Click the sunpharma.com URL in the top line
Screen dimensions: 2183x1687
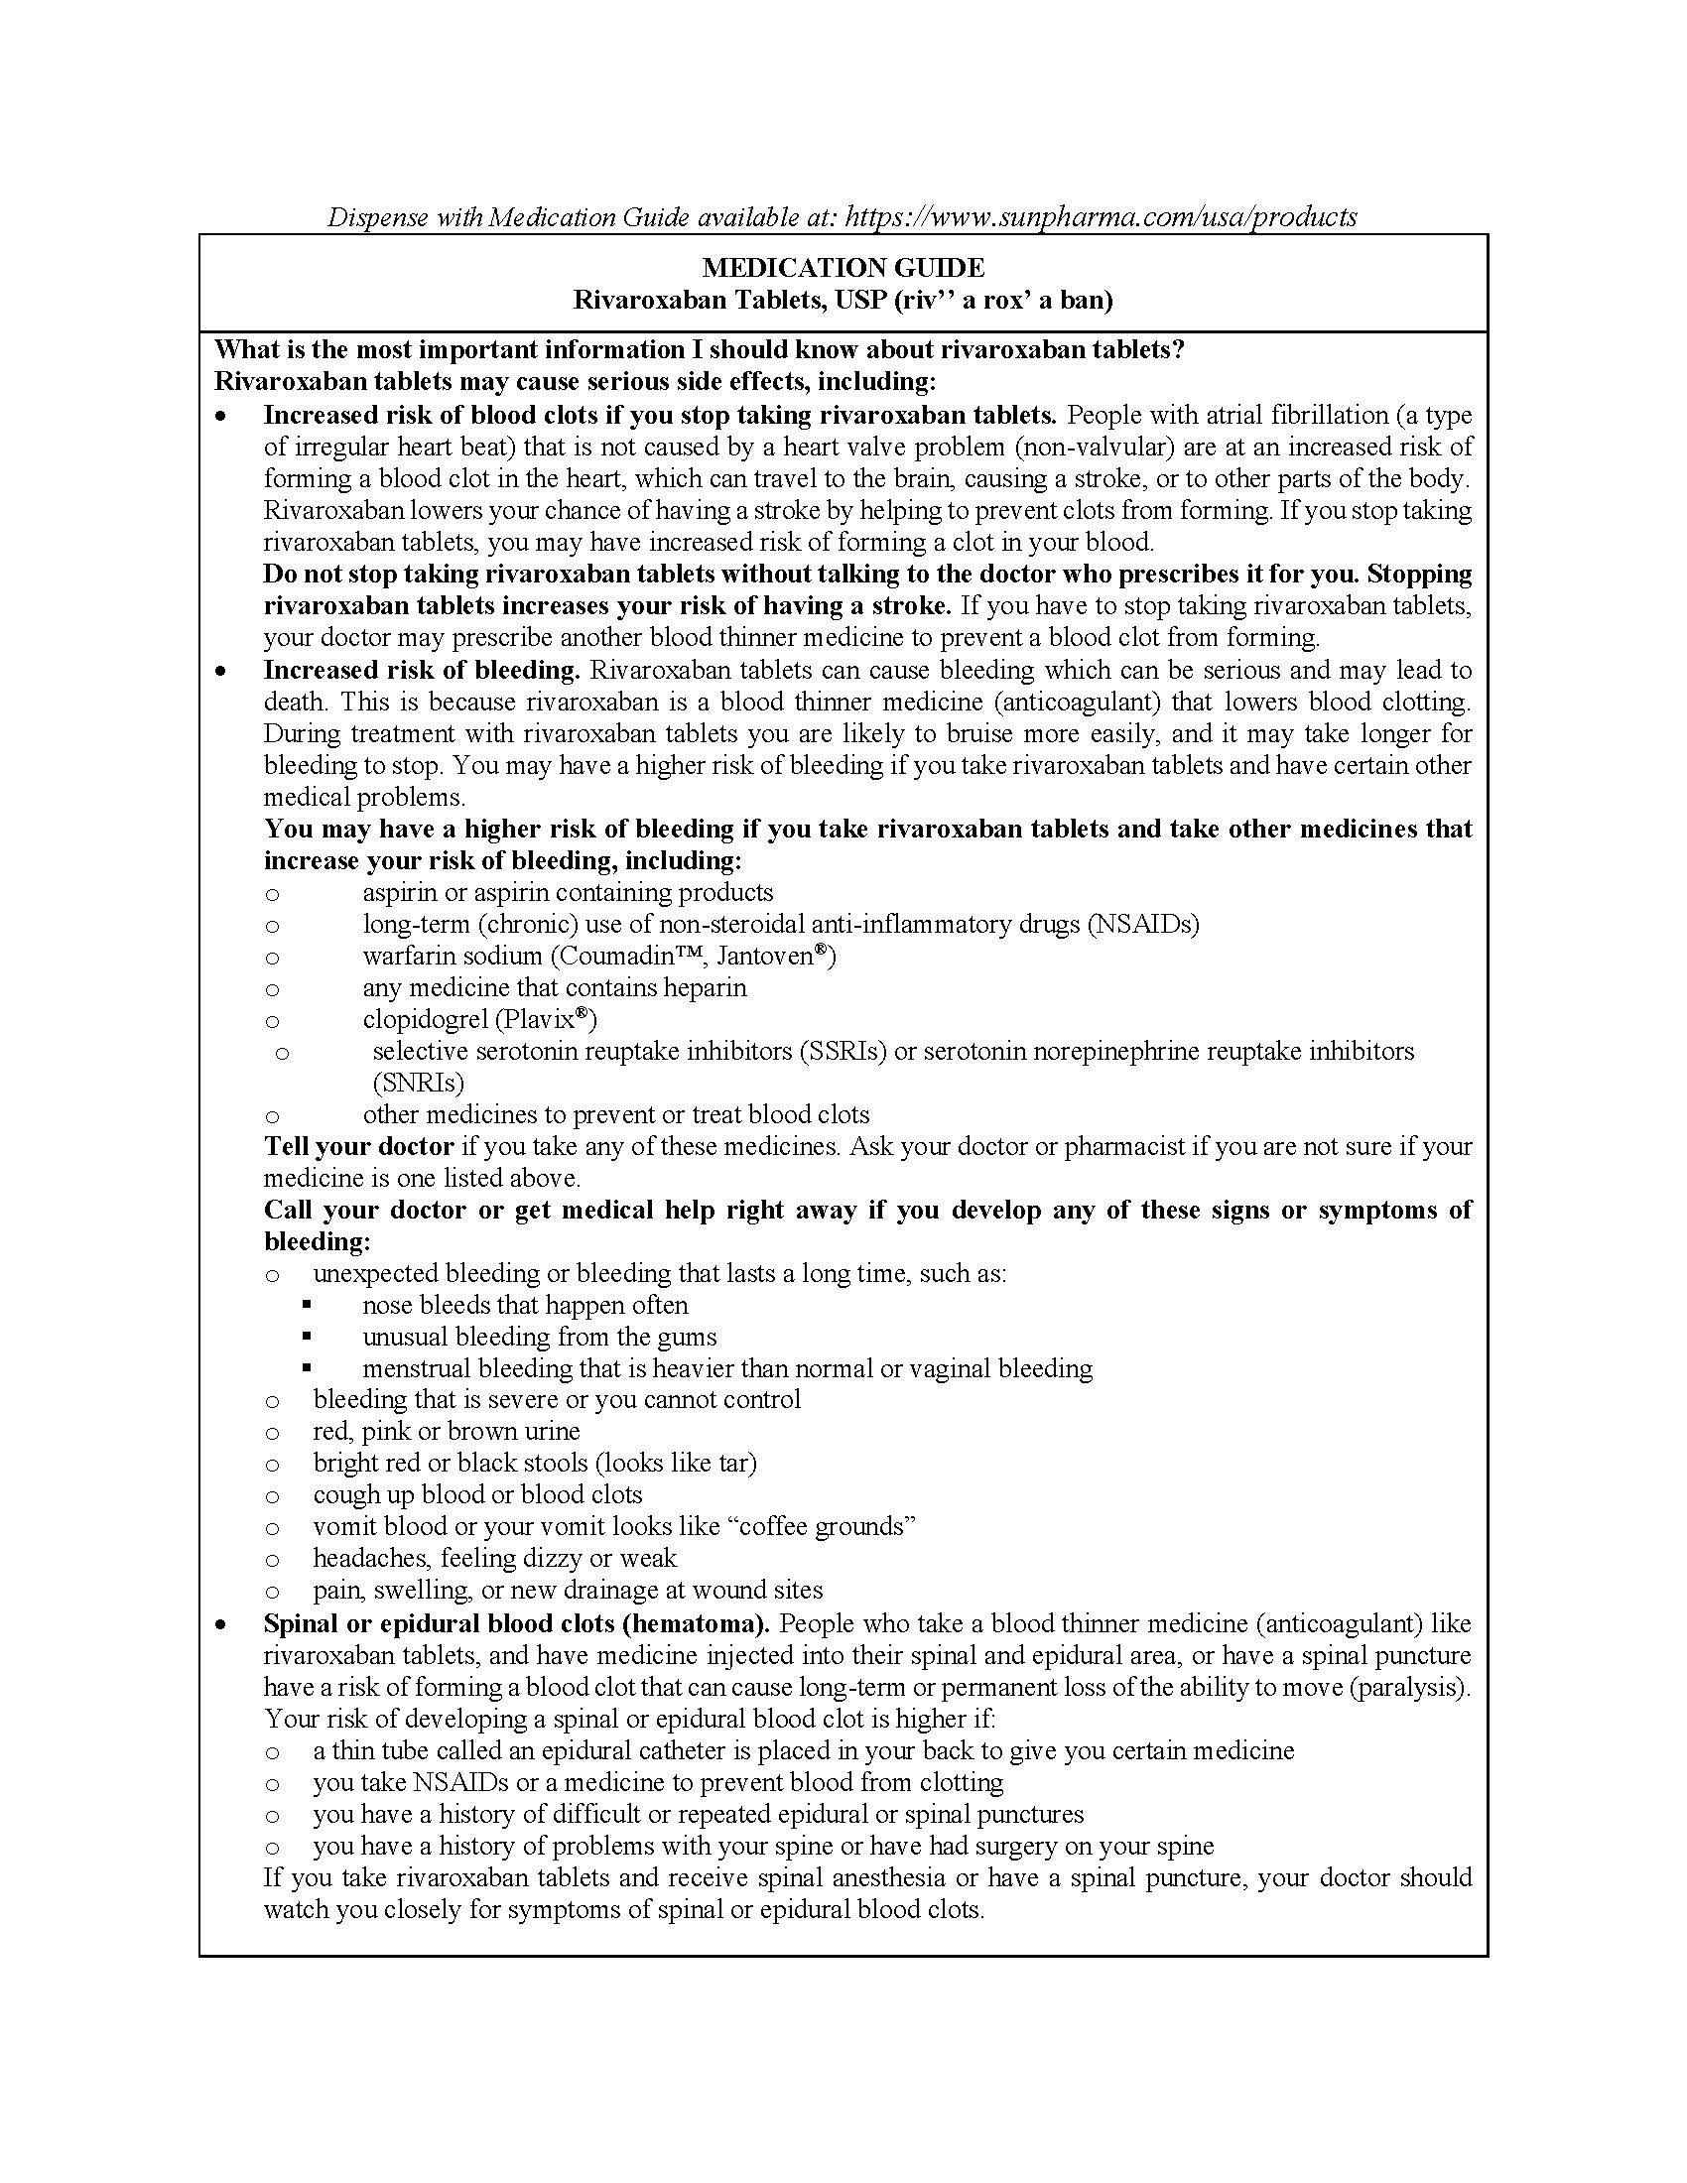(x=1101, y=217)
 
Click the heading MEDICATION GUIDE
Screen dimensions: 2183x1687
(x=843, y=268)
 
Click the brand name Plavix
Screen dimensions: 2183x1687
(x=541, y=1019)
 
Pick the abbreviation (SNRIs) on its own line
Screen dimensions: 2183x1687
(x=418, y=1083)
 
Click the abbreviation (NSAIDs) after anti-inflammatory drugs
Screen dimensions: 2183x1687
(x=1142, y=924)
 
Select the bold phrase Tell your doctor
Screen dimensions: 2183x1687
(x=359, y=1146)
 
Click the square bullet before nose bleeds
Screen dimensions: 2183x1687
(x=307, y=1306)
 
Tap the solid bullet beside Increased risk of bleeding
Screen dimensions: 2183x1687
(x=221, y=672)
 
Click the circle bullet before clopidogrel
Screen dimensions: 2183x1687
(x=272, y=1021)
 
